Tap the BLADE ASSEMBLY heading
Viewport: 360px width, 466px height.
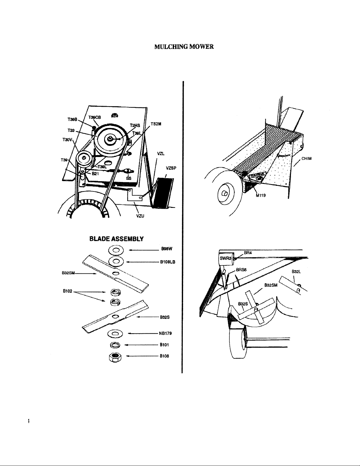pos(116,239)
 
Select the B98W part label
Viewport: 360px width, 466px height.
pos(167,248)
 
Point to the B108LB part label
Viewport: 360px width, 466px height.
pos(168,262)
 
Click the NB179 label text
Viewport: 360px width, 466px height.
pos(165,333)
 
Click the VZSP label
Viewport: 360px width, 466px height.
pos(171,168)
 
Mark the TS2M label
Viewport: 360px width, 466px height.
pos(156,124)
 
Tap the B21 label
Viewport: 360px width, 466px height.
pos(96,174)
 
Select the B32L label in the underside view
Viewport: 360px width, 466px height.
pos(296,272)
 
